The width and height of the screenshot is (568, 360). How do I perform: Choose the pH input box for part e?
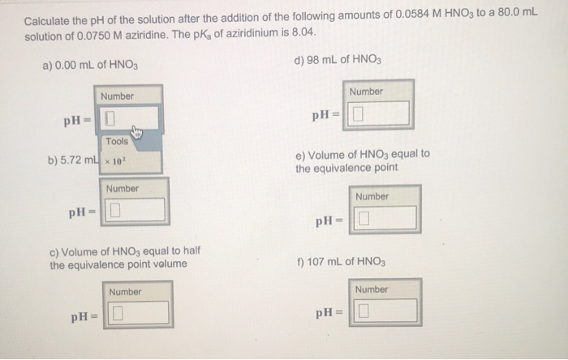385,218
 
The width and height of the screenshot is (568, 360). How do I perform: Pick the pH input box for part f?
385,311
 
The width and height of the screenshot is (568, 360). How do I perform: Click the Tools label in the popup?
117,142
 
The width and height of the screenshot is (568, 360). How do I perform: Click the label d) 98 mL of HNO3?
339,59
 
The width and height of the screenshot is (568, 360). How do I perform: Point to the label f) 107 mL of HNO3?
340,261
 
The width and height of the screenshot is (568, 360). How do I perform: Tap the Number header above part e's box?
372,196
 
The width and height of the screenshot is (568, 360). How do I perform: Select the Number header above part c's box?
125,291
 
